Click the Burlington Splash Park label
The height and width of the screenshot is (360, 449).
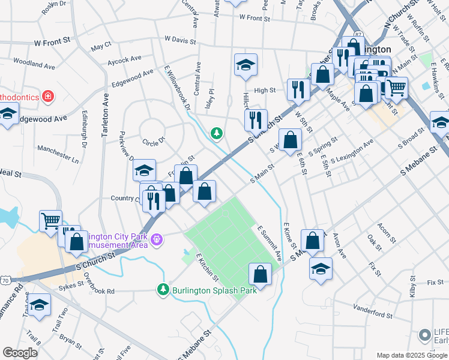pyautogui.click(x=214, y=290)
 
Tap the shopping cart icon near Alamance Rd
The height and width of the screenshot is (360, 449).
pyautogui.click(x=50, y=221)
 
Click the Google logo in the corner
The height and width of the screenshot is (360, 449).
pyautogui.click(x=20, y=353)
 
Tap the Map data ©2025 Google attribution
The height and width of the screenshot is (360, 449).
pyautogui.click(x=412, y=355)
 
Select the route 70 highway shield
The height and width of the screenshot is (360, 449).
pyautogui.click(x=5, y=280)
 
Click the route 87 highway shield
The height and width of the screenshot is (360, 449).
pyautogui.click(x=358, y=35)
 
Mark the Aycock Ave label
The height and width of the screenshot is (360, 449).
pyautogui.click(x=124, y=59)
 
